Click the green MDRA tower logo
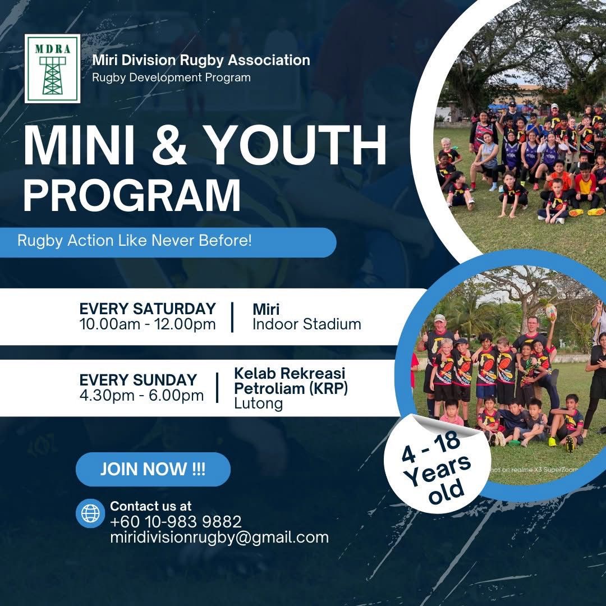[x=53, y=69]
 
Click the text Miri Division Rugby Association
[x=201, y=60]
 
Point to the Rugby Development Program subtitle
[x=171, y=77]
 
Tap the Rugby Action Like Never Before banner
[x=168, y=242]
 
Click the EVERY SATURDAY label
[x=147, y=309]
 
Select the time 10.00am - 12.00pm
[x=147, y=324]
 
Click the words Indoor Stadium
[x=307, y=324]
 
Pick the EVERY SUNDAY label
[x=138, y=380]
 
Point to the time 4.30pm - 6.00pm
[x=141, y=396]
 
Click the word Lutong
[x=258, y=403]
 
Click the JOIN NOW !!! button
[x=153, y=469]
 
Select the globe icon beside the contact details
[x=90, y=513]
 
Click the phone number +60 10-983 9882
[x=176, y=522]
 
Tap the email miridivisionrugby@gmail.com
[x=219, y=537]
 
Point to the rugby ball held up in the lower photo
[x=550, y=312]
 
